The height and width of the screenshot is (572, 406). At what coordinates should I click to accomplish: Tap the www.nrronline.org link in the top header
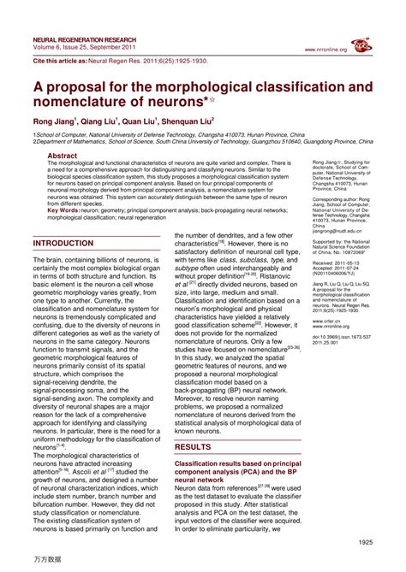[325, 50]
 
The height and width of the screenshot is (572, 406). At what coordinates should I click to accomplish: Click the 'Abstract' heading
[62, 156]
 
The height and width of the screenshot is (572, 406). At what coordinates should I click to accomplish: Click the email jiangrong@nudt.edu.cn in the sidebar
[340, 230]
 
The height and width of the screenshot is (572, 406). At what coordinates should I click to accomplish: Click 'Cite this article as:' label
[63, 62]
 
